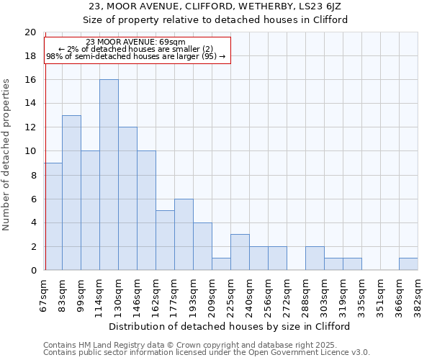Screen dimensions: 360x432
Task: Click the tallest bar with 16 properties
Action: (x=109, y=175)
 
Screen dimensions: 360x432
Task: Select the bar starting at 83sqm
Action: (x=71, y=193)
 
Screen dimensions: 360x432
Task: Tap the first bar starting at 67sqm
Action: (x=53, y=217)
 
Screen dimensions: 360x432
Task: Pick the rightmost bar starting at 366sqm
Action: (x=408, y=264)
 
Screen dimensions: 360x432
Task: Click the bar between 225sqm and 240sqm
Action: (x=240, y=252)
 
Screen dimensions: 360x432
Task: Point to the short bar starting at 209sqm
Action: (x=221, y=264)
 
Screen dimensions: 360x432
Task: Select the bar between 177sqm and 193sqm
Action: (x=184, y=235)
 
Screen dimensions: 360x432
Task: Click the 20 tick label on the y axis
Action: (x=30, y=32)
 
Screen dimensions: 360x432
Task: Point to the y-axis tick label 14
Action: (x=30, y=104)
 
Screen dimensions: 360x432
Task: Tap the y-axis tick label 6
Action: (x=33, y=199)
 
